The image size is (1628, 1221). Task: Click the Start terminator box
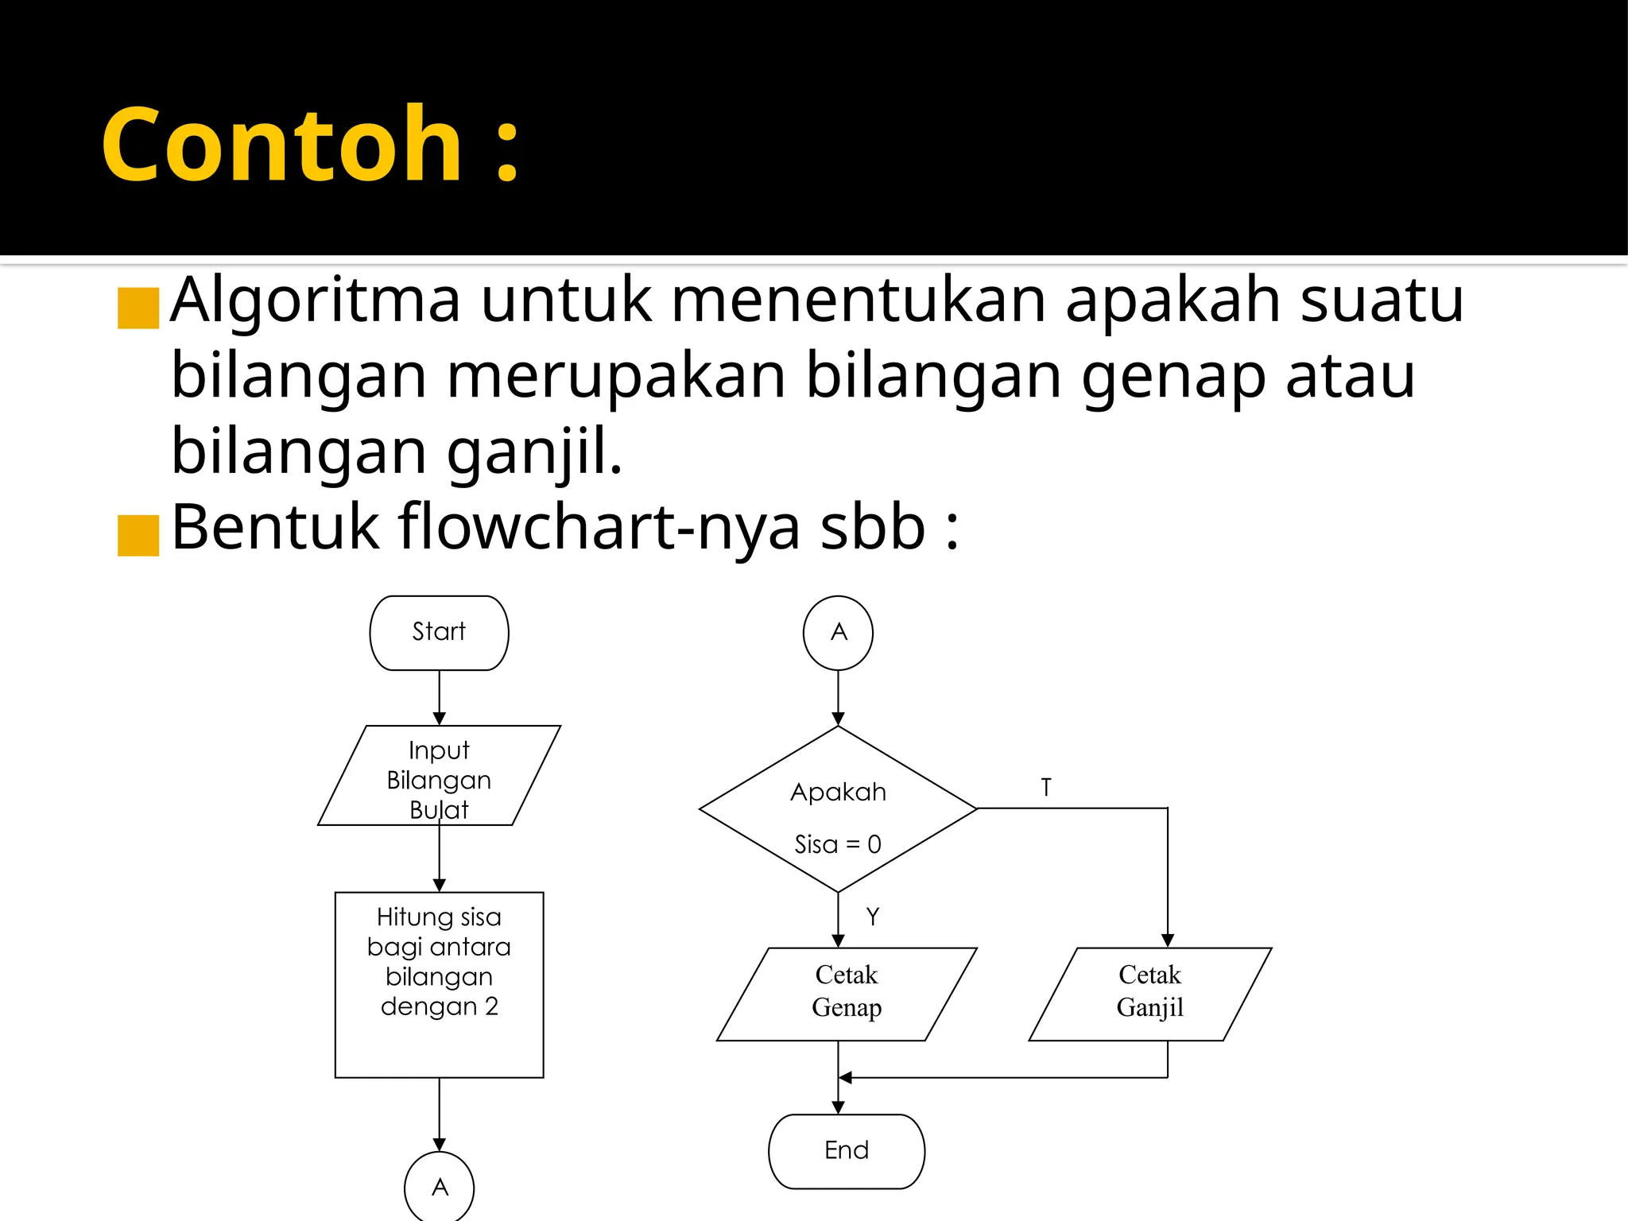(x=439, y=633)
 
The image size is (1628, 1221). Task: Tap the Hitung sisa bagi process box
(x=439, y=984)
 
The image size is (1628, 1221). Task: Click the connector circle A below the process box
(x=440, y=1187)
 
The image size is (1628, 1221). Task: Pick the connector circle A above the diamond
(x=838, y=633)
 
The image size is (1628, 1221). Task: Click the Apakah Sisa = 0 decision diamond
(x=838, y=809)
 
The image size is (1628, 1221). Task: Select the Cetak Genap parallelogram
(x=847, y=994)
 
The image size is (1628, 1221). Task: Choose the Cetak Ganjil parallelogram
(x=1150, y=994)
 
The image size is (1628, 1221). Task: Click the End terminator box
(x=847, y=1151)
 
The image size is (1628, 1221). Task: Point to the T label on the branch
(x=1046, y=787)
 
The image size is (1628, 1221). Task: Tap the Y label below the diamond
(x=873, y=917)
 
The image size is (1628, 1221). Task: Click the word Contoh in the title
(x=282, y=145)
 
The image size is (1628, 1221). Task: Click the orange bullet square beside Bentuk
(x=138, y=535)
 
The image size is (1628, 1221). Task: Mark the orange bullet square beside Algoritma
(x=138, y=308)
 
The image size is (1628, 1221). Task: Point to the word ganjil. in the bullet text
(x=534, y=452)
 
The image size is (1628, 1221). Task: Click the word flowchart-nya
(x=599, y=528)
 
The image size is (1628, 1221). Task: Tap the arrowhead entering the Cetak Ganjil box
(x=1167, y=940)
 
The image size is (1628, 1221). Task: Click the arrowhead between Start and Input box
(x=439, y=719)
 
